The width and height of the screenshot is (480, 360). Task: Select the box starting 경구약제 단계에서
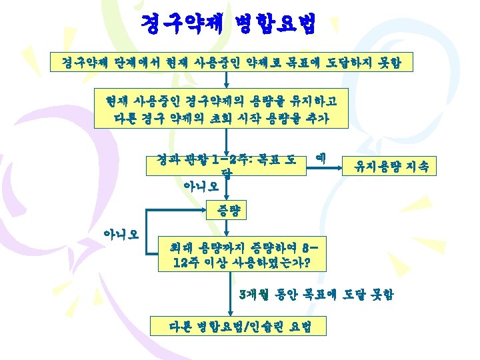click(234, 63)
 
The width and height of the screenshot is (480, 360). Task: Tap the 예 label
click(320, 159)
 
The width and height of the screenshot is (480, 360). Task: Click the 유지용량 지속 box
click(389, 165)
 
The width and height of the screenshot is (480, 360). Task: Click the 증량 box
click(227, 211)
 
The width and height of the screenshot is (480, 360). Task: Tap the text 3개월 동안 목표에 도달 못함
click(316, 293)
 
